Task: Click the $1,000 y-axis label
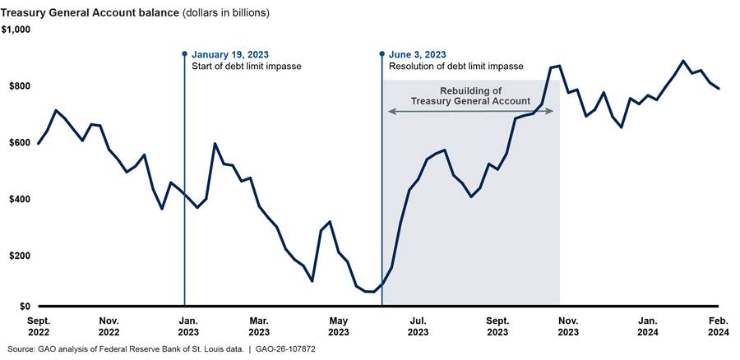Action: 16,30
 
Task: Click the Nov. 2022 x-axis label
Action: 109,325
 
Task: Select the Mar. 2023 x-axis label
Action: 260,325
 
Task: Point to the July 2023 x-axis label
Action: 418,325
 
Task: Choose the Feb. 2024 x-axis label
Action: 719,325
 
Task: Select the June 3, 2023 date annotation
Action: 417,54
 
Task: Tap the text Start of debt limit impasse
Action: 247,66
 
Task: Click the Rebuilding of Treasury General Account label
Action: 471,96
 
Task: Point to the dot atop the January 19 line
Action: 184,54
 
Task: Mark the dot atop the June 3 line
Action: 382,54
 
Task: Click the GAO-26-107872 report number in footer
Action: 287,349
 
